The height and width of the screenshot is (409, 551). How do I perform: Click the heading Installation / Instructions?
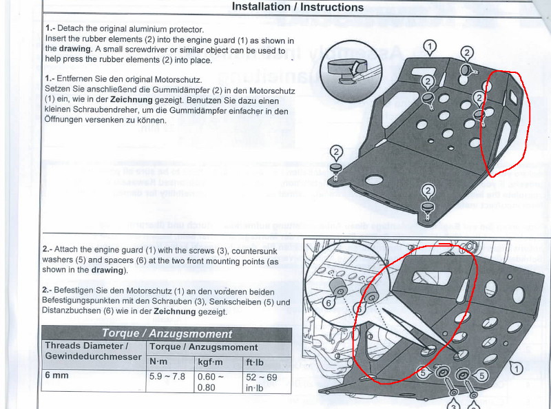click(298, 7)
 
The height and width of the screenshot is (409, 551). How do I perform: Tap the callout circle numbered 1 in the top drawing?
click(430, 47)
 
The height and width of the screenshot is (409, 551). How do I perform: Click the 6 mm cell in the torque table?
click(56, 375)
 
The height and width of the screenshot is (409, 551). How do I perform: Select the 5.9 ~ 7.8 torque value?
click(167, 377)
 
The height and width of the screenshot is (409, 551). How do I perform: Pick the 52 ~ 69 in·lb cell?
click(262, 382)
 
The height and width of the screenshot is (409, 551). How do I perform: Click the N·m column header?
click(158, 361)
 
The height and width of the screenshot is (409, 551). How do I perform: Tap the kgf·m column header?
click(210, 362)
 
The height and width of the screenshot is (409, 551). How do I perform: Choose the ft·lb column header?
click(255, 362)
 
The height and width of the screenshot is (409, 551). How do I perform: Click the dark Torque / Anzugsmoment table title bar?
click(167, 333)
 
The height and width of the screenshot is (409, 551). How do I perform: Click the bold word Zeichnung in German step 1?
click(132, 100)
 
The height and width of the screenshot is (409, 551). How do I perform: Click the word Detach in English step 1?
click(70, 28)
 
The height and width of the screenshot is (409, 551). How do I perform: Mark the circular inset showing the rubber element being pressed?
click(351, 72)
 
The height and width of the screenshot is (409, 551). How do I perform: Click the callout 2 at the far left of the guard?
click(336, 152)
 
